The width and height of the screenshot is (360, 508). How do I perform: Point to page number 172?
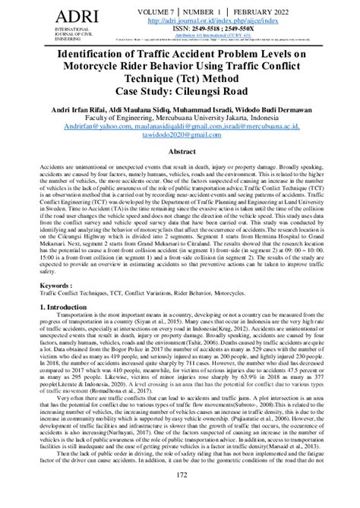coord(180,495)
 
